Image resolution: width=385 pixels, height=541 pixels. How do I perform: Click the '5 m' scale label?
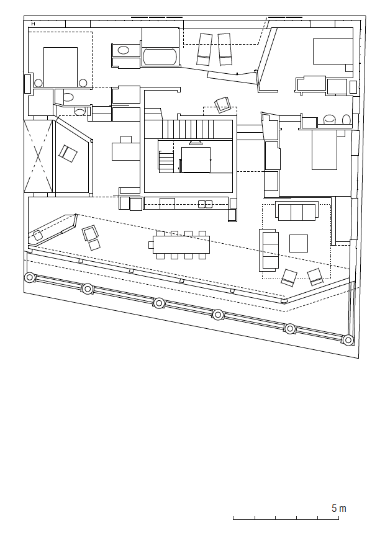click(338, 508)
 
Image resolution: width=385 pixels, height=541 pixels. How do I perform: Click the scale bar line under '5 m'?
click(286, 519)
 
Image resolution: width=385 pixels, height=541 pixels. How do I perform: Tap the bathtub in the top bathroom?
click(160, 56)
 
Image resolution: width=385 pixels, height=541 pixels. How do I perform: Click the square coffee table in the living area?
click(299, 243)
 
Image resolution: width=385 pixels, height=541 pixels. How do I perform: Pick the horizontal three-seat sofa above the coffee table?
click(297, 211)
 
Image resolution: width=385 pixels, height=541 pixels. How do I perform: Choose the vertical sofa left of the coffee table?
click(269, 251)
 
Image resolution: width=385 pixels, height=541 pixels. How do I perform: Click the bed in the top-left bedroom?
click(60, 67)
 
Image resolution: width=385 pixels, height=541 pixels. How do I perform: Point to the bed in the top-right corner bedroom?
click(333, 51)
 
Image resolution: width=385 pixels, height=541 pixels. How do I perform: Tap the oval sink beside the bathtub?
click(124, 50)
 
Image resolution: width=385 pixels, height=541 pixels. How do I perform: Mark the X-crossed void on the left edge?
click(38, 156)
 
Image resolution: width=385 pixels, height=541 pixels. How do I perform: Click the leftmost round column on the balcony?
click(30, 277)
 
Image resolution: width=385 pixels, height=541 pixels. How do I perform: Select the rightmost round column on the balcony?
click(348, 340)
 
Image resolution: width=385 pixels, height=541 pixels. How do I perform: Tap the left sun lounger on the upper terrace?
click(204, 49)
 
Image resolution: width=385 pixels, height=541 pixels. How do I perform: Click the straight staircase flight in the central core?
click(188, 129)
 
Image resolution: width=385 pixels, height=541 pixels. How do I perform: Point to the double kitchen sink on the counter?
click(206, 204)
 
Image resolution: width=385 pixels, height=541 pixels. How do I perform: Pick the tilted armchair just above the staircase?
click(223, 105)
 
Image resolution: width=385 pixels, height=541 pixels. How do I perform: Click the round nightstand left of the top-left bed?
click(38, 83)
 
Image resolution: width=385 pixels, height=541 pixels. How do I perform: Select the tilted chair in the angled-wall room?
click(68, 153)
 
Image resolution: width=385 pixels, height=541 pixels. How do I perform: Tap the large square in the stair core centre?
click(196, 159)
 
